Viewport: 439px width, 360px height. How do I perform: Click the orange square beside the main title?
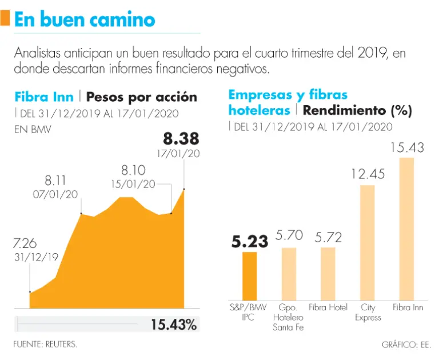coord(5,19)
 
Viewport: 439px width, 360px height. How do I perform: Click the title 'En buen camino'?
coord(84,19)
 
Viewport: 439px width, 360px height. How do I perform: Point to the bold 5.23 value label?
coord(249,242)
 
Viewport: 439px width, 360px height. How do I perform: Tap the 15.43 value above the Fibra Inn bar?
coord(407,147)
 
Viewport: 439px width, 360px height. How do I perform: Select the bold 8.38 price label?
coord(181,138)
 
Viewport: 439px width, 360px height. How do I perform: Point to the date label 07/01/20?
coord(55,194)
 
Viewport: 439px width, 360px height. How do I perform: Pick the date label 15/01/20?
coord(133,184)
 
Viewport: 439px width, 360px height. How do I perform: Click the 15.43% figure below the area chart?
coord(174,325)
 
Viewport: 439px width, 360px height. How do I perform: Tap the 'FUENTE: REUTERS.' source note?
coord(45,344)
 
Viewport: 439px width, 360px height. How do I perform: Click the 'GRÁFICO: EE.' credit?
coord(406,345)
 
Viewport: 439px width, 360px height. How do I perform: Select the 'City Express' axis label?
coord(368,313)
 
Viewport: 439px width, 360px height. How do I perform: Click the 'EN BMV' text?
coord(33,130)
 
